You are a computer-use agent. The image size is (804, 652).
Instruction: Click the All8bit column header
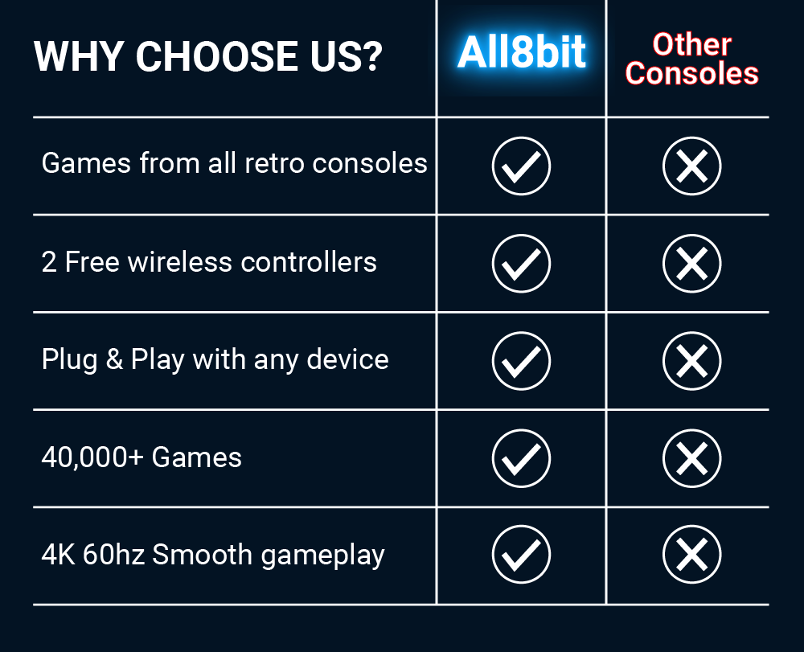point(521,53)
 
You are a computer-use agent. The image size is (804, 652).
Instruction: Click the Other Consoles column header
point(691,59)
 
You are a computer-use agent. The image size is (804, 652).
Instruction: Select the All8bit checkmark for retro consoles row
point(521,166)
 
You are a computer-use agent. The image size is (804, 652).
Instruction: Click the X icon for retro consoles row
point(691,166)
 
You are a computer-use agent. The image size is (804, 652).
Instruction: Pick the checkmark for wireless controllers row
point(521,264)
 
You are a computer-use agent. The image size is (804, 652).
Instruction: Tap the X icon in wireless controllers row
point(691,264)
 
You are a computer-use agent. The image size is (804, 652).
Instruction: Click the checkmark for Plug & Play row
point(521,361)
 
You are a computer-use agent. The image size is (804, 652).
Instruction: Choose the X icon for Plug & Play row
point(691,361)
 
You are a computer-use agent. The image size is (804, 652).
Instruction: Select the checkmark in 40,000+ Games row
point(521,458)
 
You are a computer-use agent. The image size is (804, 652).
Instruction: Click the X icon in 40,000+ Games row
point(691,458)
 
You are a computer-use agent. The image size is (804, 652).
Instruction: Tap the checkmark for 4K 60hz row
point(521,556)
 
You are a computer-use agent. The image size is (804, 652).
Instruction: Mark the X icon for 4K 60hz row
point(691,556)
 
